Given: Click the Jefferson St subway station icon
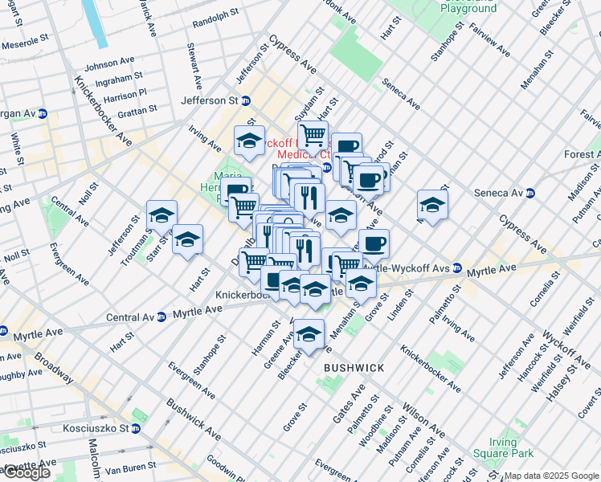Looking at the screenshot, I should [246, 101].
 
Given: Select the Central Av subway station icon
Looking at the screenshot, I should [161, 317].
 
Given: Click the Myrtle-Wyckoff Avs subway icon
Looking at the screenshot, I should [456, 268].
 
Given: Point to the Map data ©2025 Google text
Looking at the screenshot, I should [552, 476].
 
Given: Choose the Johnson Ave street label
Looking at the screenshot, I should [110, 63].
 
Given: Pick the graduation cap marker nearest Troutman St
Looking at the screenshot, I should [161, 216].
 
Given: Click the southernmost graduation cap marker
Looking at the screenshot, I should [309, 335].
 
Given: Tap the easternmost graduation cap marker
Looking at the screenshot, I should [432, 206].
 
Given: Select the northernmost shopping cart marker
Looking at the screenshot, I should [313, 134].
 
